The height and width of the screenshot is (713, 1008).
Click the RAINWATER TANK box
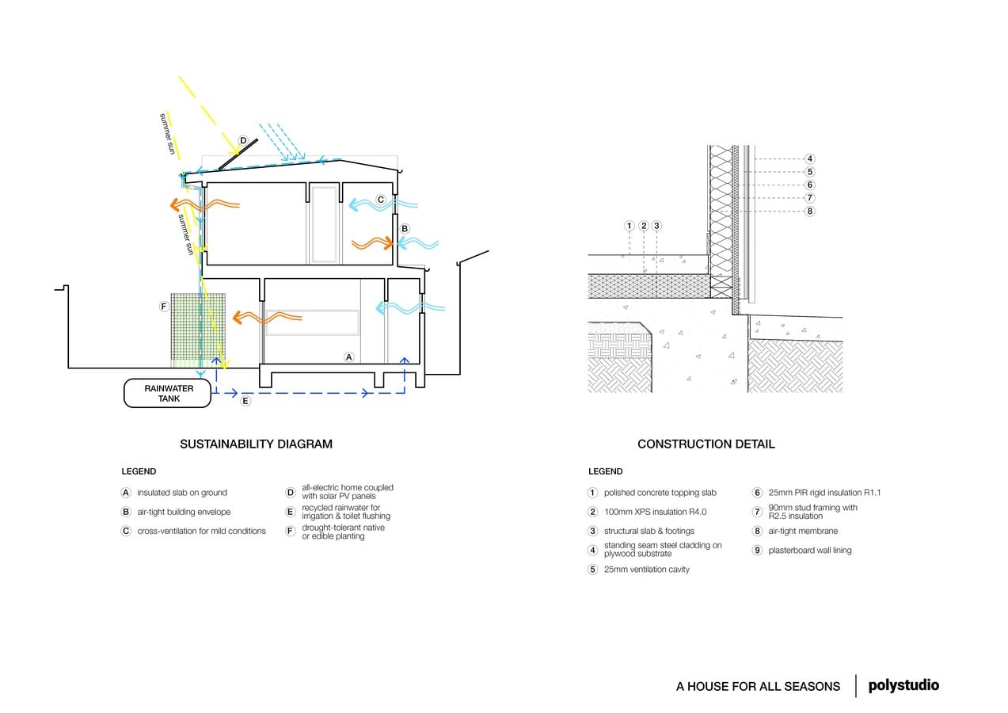[x=167, y=394]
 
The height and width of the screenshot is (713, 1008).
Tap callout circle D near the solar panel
[x=243, y=141]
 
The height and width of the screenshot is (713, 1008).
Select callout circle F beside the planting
[x=164, y=307]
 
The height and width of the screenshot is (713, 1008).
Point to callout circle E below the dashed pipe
[x=245, y=401]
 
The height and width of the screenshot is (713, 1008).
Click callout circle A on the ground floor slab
[x=348, y=357]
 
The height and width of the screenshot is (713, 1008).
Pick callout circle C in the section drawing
[x=381, y=200]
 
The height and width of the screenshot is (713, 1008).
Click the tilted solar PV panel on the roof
[x=238, y=154]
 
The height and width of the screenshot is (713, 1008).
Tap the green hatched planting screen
[x=198, y=330]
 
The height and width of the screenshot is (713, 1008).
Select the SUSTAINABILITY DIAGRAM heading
[x=256, y=444]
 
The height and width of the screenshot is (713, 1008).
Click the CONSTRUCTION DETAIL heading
[x=706, y=444]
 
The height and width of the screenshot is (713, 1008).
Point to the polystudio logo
[x=903, y=685]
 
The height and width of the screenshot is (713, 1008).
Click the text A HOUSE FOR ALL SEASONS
[x=758, y=686]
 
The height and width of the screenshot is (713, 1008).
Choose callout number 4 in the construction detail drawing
[x=809, y=158]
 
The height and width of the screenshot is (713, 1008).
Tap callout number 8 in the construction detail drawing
[x=809, y=211]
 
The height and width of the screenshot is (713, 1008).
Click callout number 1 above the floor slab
[x=629, y=226]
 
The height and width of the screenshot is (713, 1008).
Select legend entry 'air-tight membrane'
[x=803, y=531]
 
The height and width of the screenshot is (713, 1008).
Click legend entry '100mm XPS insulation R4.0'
[x=655, y=512]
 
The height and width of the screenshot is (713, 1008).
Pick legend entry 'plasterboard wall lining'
[x=809, y=551]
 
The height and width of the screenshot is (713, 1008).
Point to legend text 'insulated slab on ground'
[x=182, y=493]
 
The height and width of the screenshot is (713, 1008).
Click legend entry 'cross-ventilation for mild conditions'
[x=201, y=531]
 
